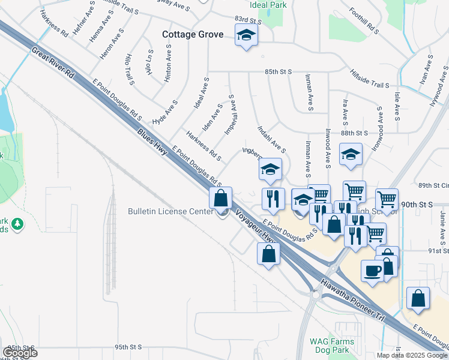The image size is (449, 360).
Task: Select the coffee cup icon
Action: pos(372,270)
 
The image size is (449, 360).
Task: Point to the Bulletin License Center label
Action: pos(170,212)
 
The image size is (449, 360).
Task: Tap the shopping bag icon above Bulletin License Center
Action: pos(221,197)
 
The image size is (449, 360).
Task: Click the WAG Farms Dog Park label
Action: pos(332,346)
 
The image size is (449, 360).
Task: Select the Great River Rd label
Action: pos(53,64)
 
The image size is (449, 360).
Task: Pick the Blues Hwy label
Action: pos(152,143)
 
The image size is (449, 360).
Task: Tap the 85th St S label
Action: pos(278,71)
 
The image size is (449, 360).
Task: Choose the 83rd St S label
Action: pos(249,20)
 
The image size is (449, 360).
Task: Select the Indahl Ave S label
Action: pos(271,139)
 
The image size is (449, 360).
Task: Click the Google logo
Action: pos(20,352)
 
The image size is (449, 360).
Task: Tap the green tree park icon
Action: pos(18,224)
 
